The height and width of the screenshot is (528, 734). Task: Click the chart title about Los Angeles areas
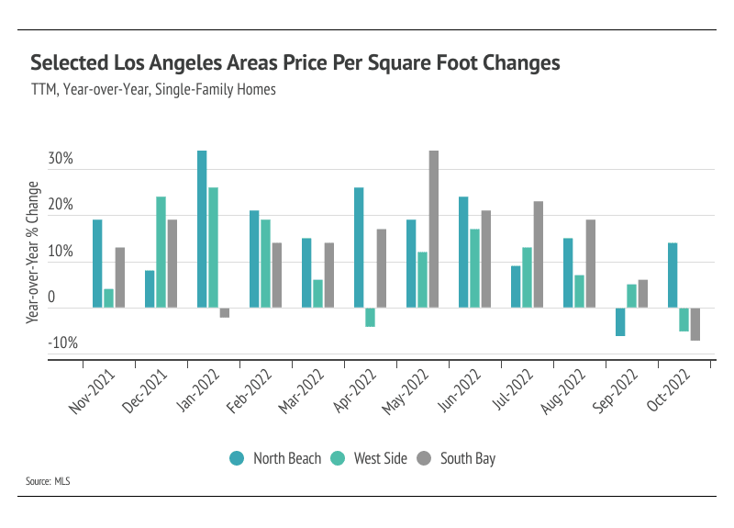(295, 63)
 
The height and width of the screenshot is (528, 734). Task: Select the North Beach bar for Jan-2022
(202, 229)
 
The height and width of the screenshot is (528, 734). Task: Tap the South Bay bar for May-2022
(434, 229)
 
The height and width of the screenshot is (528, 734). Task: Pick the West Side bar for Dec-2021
(161, 252)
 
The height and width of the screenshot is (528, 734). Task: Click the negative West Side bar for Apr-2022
(371, 317)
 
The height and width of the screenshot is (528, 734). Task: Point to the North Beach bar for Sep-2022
(620, 321)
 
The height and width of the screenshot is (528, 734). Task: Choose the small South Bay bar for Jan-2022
(225, 312)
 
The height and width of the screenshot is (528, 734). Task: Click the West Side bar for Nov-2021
(109, 298)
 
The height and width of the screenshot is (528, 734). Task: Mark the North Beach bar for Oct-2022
(673, 275)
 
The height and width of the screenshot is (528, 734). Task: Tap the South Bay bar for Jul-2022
(539, 254)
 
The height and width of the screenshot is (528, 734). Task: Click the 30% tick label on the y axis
(61, 160)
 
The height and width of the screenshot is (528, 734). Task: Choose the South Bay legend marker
(425, 458)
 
